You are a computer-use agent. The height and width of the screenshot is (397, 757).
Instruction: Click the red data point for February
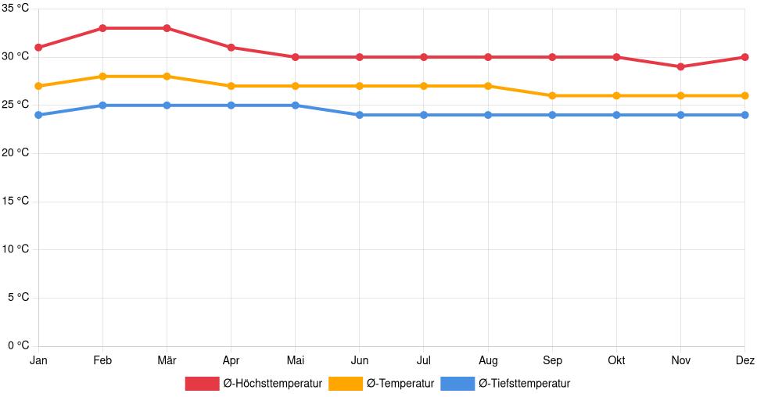102,28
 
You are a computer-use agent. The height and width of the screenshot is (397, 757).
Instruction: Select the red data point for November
680,66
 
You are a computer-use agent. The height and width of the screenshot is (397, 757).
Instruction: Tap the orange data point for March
167,77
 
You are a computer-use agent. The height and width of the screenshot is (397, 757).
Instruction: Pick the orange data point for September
552,95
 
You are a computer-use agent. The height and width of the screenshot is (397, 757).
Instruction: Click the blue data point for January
38,115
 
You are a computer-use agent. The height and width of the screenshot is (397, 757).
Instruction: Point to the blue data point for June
359,115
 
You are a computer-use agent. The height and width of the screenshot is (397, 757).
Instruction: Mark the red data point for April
231,48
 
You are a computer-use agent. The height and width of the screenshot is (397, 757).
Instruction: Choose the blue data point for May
295,106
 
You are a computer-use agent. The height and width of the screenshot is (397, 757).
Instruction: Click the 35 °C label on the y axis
15,9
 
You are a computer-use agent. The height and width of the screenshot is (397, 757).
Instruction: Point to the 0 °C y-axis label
18,345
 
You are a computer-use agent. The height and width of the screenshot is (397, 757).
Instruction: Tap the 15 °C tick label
15,201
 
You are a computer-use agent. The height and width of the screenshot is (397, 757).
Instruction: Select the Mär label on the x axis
167,360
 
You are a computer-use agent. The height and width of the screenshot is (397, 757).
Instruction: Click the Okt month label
616,360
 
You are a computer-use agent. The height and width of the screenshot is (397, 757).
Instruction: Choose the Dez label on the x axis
744,360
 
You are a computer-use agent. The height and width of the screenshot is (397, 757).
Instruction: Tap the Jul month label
423,360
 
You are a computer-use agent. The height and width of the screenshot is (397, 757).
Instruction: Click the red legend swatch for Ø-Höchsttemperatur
202,384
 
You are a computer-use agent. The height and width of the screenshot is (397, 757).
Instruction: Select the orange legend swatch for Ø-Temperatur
346,384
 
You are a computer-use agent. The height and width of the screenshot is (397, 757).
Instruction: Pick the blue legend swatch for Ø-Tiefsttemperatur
457,384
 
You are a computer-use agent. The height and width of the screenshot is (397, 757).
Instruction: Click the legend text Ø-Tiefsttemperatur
524,384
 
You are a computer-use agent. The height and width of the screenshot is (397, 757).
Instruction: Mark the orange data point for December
744,95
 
